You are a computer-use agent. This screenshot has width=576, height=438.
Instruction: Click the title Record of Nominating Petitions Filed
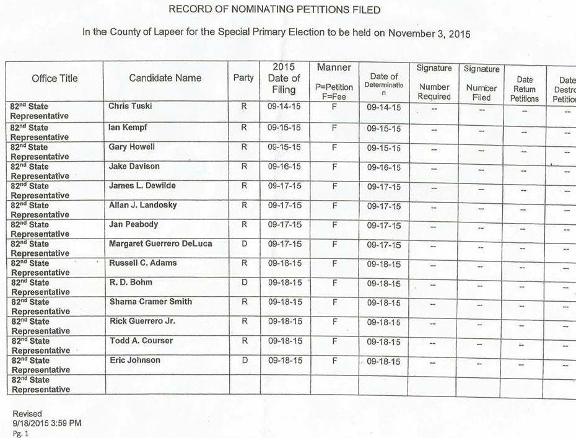click(274, 10)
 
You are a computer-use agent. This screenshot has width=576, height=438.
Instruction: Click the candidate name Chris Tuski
click(130, 107)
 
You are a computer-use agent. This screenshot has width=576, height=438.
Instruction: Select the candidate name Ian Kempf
click(128, 128)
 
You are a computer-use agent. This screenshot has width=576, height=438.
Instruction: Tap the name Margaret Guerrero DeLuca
click(160, 244)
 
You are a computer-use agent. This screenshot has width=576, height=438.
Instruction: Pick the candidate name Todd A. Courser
click(141, 341)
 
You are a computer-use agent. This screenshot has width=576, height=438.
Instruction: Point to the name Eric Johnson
click(134, 360)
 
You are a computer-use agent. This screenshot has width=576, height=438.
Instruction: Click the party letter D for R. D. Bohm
click(244, 283)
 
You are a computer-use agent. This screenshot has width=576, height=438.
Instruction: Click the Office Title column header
click(55, 78)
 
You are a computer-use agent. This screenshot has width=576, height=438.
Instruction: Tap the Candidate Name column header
click(165, 78)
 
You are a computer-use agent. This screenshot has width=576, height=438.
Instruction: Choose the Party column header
click(243, 78)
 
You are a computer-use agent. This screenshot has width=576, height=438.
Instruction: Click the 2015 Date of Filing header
click(284, 78)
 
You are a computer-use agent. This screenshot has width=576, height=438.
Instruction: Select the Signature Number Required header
click(434, 82)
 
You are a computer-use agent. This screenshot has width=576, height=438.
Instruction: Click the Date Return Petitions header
click(524, 89)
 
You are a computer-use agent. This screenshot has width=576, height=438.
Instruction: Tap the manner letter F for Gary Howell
click(334, 147)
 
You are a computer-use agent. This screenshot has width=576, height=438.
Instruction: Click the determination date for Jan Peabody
click(383, 226)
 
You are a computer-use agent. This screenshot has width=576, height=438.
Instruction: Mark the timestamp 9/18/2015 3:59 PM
click(47, 423)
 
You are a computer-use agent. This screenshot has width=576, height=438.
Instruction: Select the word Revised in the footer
click(27, 414)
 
